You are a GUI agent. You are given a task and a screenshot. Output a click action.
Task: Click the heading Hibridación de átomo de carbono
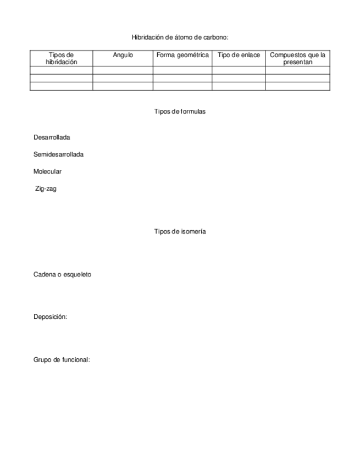180,37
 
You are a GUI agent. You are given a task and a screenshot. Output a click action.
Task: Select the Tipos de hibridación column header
62,58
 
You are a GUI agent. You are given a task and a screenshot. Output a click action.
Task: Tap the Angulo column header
123,55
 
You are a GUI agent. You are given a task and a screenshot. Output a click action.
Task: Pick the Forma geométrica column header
182,55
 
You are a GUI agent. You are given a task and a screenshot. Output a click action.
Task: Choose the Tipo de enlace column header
239,55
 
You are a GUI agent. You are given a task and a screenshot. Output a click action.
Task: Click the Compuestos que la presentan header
297,58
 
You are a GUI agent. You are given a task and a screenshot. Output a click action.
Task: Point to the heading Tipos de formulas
180,112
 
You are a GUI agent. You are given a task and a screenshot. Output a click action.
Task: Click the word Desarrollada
52,137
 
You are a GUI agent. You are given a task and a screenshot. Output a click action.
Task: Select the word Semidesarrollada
58,154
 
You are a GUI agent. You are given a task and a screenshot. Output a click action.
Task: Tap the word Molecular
47,171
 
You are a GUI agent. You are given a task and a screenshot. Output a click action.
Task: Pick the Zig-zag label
46,188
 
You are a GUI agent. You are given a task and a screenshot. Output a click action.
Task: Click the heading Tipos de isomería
180,231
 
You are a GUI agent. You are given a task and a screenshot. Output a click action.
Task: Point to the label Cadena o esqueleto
62,274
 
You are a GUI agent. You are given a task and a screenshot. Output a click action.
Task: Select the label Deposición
50,317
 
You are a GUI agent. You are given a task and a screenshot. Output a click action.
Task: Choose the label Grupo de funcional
62,360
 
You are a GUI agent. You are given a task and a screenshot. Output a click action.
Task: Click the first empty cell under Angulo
123,70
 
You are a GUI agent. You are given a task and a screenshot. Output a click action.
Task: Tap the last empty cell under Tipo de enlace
239,86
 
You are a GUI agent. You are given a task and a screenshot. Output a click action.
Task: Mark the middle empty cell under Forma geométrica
182,78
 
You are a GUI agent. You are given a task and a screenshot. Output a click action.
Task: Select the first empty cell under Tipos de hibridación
62,70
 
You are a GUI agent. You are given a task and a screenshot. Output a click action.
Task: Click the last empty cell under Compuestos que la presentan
297,86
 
